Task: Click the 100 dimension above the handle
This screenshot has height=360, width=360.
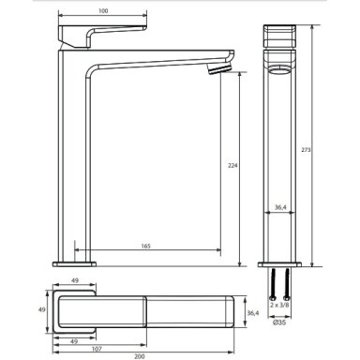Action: tap(103, 11)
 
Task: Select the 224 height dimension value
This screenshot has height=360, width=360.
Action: tap(232, 166)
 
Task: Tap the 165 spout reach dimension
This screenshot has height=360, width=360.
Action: tap(145, 246)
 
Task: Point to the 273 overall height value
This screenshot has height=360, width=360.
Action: tap(306, 150)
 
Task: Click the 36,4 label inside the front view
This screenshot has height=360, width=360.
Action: tap(280, 207)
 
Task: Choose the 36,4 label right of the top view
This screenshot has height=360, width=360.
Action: tap(253, 313)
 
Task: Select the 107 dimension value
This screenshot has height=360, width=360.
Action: tap(97, 349)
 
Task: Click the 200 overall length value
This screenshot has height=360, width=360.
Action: tap(140, 356)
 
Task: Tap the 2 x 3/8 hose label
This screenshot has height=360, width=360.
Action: tap(279, 306)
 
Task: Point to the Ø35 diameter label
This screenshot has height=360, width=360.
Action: tap(279, 322)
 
